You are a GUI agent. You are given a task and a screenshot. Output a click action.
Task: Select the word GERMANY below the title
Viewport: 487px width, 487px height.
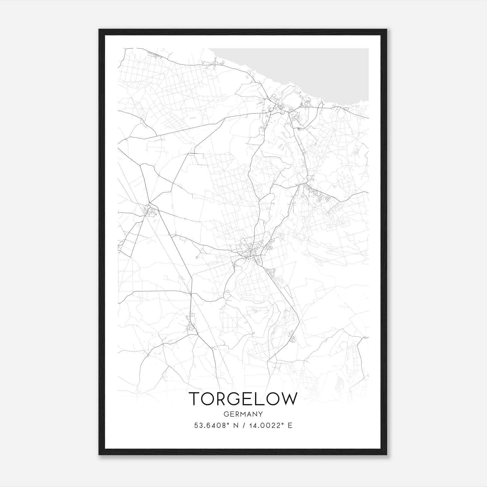point(243,414)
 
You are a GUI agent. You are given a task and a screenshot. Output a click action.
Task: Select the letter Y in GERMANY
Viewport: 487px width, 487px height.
point(260,414)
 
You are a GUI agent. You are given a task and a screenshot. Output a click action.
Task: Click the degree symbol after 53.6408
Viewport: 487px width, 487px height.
point(226,423)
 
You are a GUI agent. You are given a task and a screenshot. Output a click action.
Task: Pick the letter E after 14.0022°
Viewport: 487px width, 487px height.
point(290,426)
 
